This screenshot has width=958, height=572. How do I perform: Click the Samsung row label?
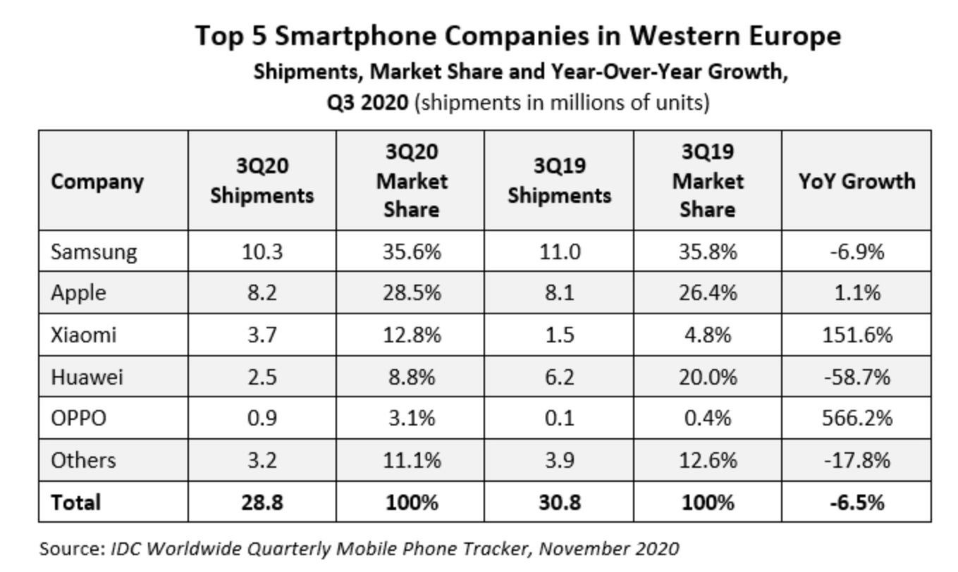[x=94, y=251]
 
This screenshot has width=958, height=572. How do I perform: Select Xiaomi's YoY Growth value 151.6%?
[x=856, y=335]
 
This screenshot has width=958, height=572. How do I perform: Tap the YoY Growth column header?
[x=856, y=181]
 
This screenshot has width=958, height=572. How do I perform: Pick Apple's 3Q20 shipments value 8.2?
[x=262, y=293]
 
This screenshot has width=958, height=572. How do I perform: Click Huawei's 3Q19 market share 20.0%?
[x=707, y=377]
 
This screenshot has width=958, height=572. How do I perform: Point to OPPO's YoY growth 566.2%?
[x=856, y=418]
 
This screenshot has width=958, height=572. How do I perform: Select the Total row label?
[x=75, y=502]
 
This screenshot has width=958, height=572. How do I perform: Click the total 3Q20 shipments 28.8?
[x=262, y=502]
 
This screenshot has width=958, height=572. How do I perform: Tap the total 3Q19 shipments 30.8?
[x=558, y=502]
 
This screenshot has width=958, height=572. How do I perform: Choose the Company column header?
[x=97, y=181]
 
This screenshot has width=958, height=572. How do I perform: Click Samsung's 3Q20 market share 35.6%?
[x=411, y=251]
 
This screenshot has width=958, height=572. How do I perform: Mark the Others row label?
[x=82, y=460]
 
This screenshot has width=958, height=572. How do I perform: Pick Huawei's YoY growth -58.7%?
[x=856, y=377]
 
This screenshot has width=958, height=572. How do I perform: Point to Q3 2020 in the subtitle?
[x=367, y=103]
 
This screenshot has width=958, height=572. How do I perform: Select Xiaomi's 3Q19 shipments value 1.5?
[x=558, y=335]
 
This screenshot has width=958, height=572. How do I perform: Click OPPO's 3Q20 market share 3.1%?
[x=411, y=418]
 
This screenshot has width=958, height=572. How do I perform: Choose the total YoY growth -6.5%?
[x=856, y=502]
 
